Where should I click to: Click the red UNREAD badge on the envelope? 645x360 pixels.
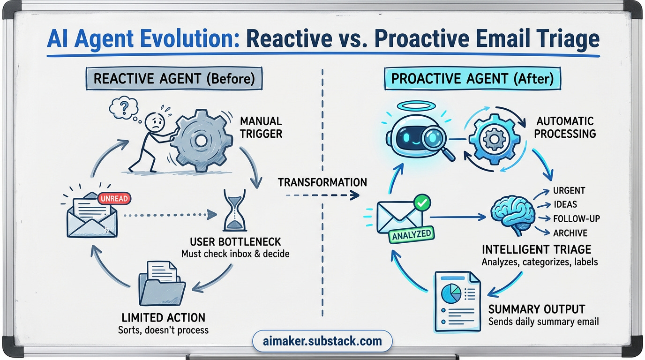click(x=113, y=199)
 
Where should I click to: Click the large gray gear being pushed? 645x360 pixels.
click(x=201, y=140)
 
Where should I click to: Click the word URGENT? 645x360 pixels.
click(x=569, y=191)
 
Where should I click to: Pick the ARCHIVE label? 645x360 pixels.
click(x=570, y=233)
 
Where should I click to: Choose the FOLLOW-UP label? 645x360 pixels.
click(x=576, y=219)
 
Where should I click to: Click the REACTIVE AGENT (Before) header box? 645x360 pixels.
click(x=174, y=78)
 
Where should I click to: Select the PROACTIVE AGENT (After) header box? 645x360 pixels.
click(x=472, y=78)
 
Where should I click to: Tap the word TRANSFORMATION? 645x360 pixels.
click(x=322, y=182)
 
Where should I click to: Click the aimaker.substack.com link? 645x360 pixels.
click(x=323, y=341)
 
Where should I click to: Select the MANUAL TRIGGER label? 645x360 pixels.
click(x=261, y=127)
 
